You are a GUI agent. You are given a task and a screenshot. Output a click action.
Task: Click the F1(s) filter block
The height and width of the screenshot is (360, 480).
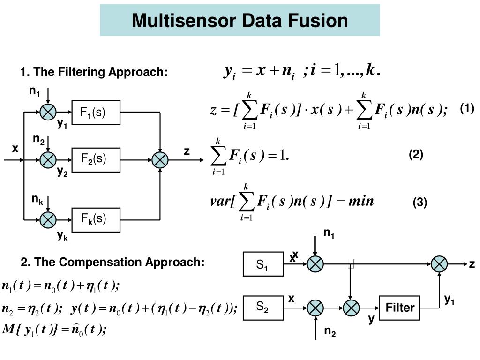(x=96, y=112)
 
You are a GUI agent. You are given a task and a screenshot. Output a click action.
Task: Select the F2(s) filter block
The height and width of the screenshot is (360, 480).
(x=96, y=159)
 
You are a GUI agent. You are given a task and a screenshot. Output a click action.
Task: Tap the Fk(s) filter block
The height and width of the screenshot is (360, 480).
(x=96, y=219)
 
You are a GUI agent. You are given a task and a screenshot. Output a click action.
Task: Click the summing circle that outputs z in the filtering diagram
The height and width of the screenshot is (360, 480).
(x=160, y=160)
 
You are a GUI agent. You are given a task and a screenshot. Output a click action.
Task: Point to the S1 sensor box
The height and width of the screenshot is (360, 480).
(x=263, y=264)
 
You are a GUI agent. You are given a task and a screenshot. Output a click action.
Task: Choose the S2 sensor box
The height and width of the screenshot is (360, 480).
(x=263, y=307)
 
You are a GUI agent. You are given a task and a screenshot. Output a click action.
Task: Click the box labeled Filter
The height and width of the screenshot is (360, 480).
(x=400, y=307)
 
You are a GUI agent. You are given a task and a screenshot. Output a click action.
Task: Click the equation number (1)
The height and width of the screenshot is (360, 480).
(x=467, y=109)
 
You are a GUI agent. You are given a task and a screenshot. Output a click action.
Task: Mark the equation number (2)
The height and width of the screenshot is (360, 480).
(x=416, y=155)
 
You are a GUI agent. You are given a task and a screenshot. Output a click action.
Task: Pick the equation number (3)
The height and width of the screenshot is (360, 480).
(x=420, y=202)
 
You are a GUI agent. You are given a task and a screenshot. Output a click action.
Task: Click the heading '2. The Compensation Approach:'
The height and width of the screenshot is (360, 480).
(x=112, y=262)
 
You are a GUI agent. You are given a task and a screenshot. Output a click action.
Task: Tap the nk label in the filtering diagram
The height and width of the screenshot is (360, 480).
(x=37, y=200)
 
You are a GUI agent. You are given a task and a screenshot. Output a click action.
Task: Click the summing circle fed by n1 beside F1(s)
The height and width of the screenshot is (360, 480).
(x=48, y=112)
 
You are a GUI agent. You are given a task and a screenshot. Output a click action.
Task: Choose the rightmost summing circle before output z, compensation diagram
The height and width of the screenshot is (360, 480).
(x=439, y=264)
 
